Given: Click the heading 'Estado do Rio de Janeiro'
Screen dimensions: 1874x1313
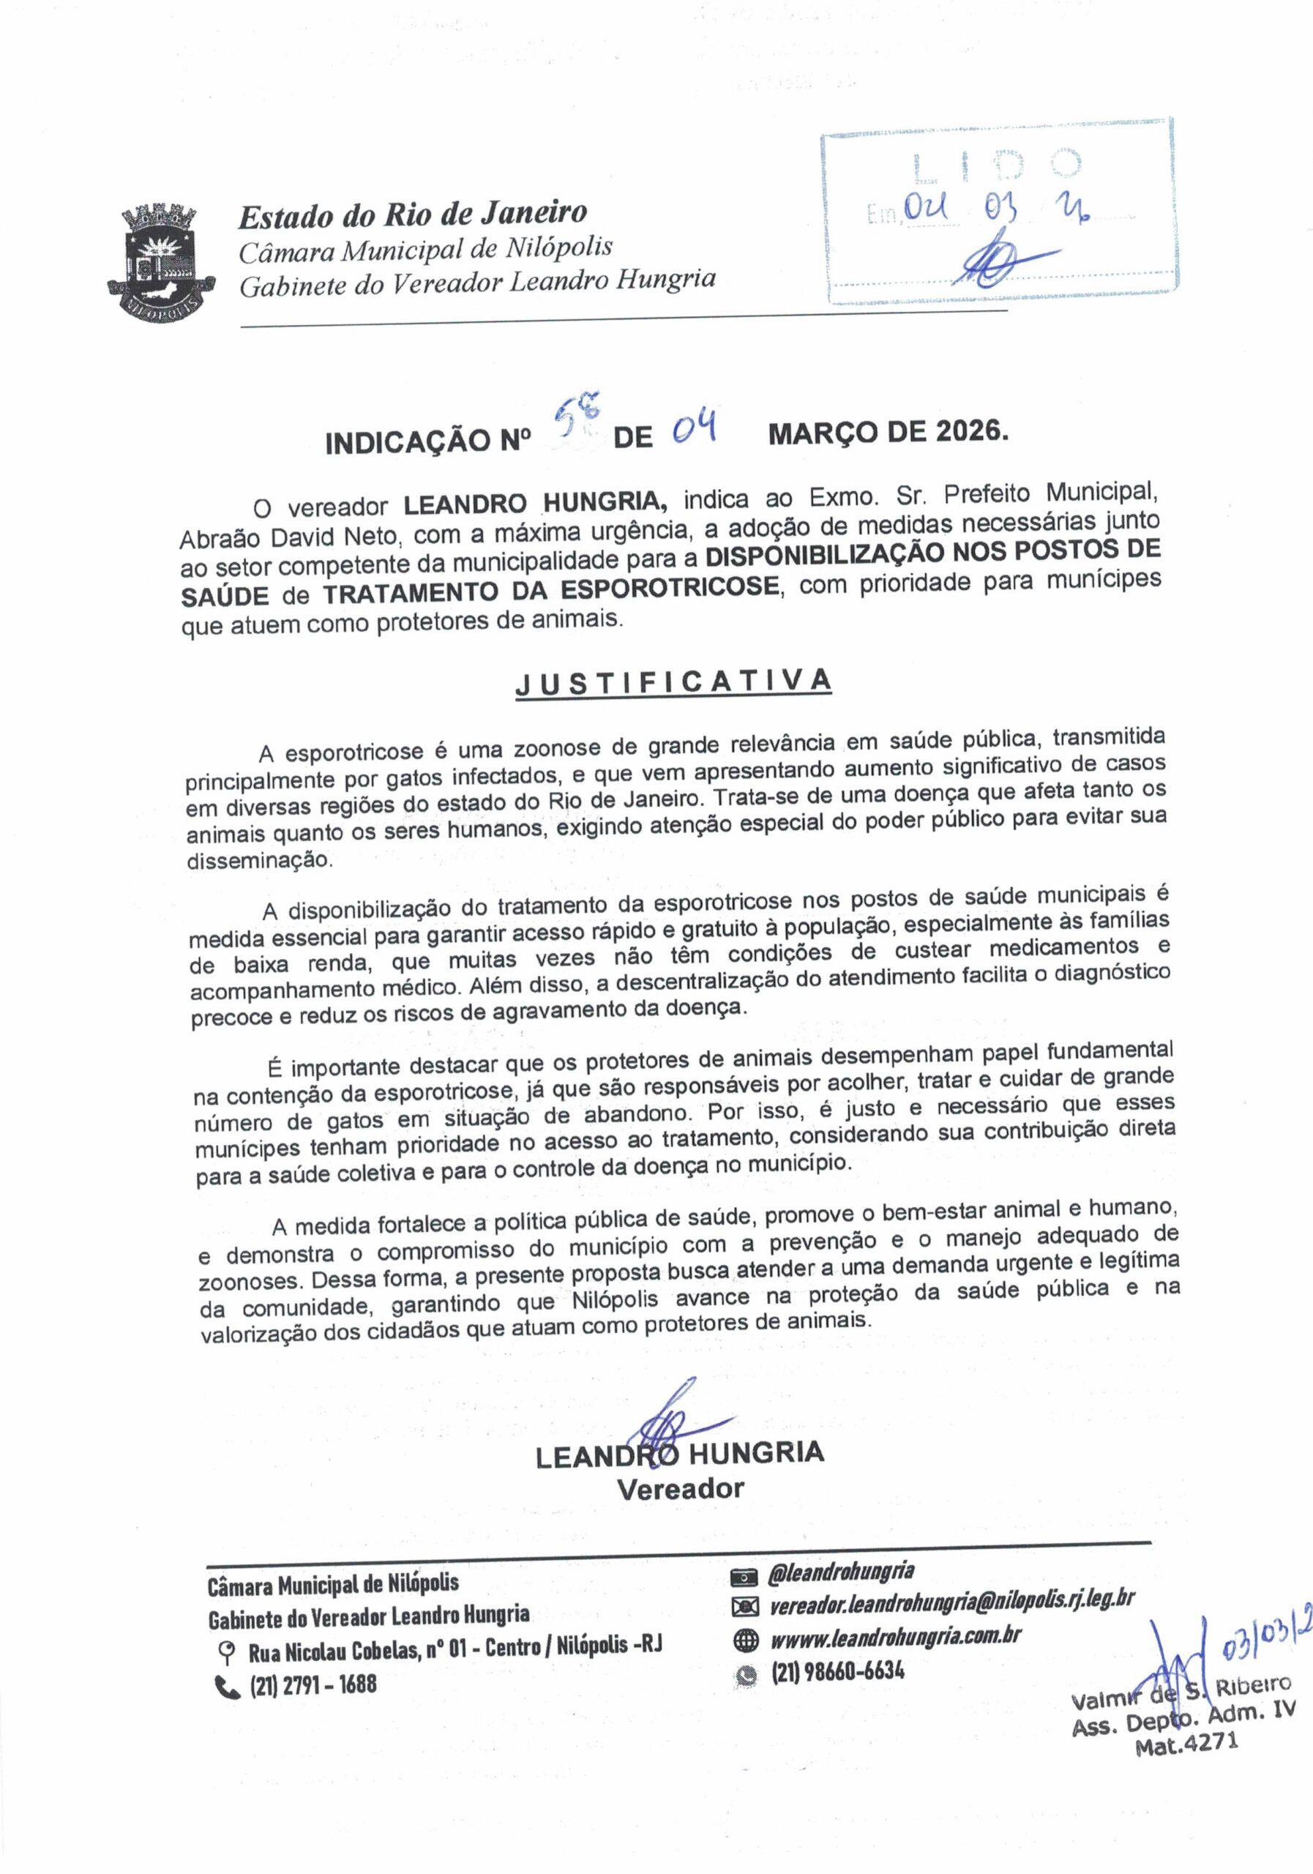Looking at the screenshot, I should coord(412,214).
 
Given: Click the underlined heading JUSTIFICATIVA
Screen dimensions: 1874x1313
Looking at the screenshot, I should coord(673,682).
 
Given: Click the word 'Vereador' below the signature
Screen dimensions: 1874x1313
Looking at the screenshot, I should coord(680,1489).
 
